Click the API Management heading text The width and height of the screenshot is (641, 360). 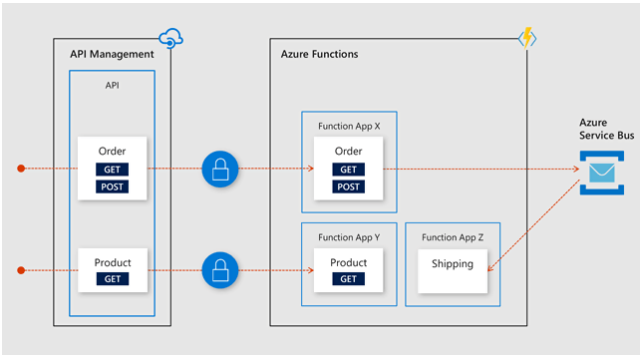(112, 54)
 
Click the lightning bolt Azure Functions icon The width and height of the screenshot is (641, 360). (525, 39)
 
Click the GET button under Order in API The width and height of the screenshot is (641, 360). (112, 171)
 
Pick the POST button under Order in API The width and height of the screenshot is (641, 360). (112, 186)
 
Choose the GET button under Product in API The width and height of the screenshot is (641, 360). (113, 279)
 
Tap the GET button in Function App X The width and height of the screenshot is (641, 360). (349, 171)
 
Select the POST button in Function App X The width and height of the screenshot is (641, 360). (349, 186)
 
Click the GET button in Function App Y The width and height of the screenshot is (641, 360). (349, 279)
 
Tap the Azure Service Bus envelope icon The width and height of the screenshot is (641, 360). (601, 171)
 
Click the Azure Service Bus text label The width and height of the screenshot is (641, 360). (601, 128)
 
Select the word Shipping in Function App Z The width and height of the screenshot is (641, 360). (452, 264)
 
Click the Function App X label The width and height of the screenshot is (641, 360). (349, 127)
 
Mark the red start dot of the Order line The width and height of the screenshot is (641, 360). (20, 169)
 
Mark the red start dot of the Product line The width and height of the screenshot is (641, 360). (20, 269)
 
